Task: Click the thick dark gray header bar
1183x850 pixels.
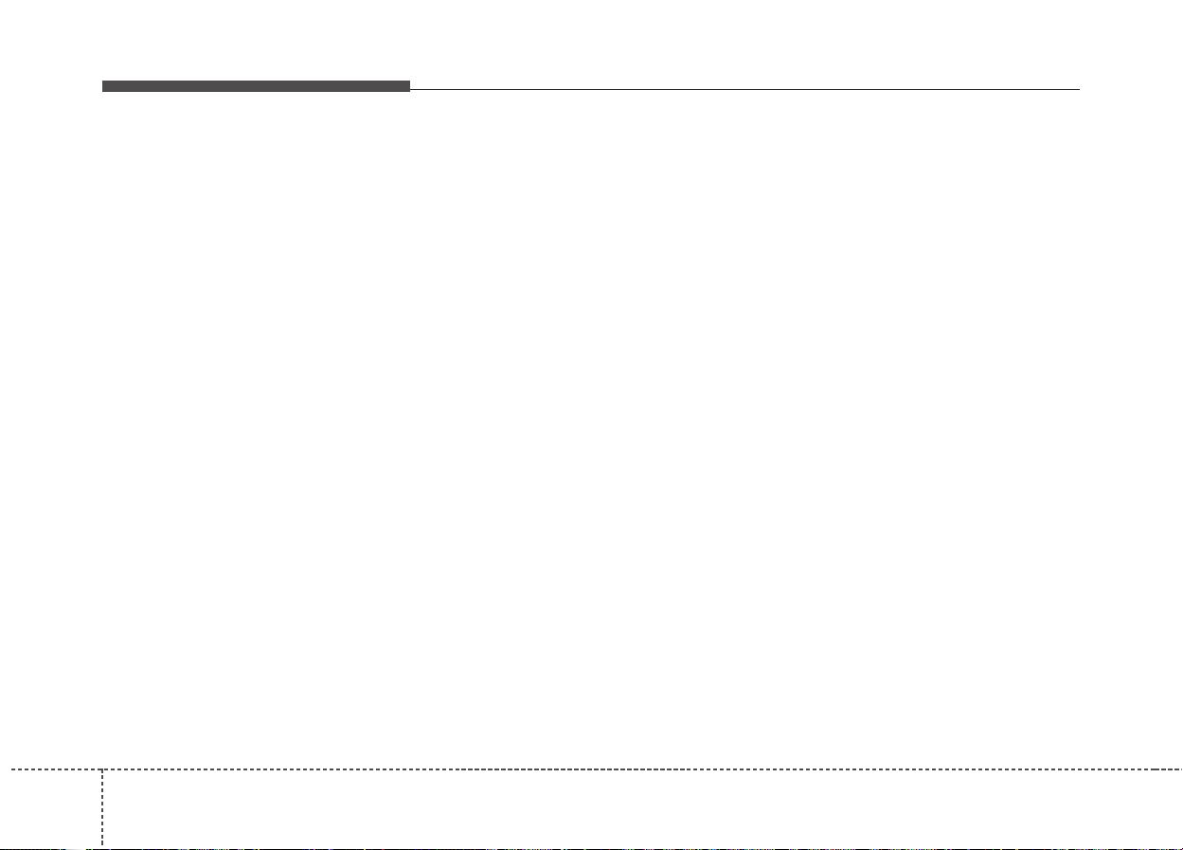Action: tap(256, 86)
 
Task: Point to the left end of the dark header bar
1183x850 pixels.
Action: tap(103, 86)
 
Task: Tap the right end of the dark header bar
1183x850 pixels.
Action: tap(409, 86)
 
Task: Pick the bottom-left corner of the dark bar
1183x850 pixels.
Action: tap(102, 92)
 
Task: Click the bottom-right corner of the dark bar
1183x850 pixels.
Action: tap(410, 92)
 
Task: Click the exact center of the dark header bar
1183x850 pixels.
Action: tap(256, 86)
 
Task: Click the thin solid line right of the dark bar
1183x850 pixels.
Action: tap(744, 90)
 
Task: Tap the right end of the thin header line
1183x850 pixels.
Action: tap(1079, 90)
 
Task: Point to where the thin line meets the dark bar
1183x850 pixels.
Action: tap(411, 90)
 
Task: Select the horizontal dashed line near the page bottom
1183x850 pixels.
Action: tap(644, 769)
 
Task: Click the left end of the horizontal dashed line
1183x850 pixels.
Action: tap(1, 769)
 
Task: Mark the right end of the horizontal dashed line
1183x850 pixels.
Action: tap(1181, 769)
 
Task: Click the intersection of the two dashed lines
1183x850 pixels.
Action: tap(102, 769)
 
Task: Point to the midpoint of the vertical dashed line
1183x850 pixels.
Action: tap(102, 808)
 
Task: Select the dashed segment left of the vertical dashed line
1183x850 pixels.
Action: tap(51, 769)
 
